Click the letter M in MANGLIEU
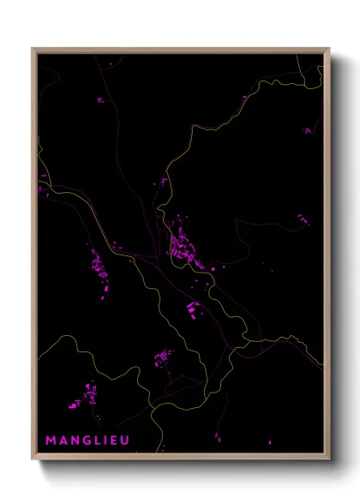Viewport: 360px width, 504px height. [50, 441]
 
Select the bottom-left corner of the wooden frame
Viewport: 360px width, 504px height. [33, 459]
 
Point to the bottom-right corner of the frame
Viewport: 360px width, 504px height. [328, 459]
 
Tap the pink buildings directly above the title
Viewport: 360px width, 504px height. [87, 397]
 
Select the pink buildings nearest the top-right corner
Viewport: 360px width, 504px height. [307, 130]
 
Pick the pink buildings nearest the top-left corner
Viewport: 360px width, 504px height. [99, 100]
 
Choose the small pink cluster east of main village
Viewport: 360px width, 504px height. [303, 220]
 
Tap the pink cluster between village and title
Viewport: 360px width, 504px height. [162, 357]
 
